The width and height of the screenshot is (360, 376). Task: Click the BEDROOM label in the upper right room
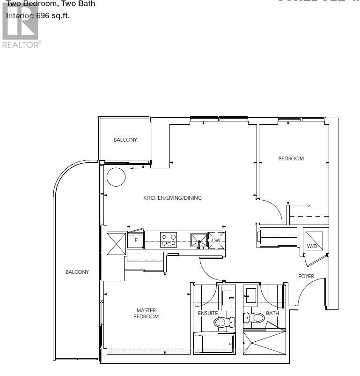pos(291,158)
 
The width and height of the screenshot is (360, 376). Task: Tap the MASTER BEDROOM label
pos(147,313)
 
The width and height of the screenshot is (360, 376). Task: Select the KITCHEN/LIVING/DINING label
pos(172,198)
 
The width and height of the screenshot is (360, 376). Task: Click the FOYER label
pos(306,276)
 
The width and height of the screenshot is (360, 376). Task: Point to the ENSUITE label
pos(208,326)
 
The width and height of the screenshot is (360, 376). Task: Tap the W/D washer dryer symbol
pos(311,240)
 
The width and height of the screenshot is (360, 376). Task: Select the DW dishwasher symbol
pos(216,241)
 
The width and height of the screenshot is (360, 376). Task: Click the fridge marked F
pos(135,241)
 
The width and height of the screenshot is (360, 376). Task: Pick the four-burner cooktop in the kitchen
pos(168,240)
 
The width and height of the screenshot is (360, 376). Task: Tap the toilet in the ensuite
pos(223,322)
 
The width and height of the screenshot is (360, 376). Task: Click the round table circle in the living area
pos(116,177)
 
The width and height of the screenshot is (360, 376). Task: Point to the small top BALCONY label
pos(125,140)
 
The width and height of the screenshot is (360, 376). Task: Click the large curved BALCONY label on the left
pos(77,272)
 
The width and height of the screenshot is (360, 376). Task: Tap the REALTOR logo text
pos(22,44)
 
